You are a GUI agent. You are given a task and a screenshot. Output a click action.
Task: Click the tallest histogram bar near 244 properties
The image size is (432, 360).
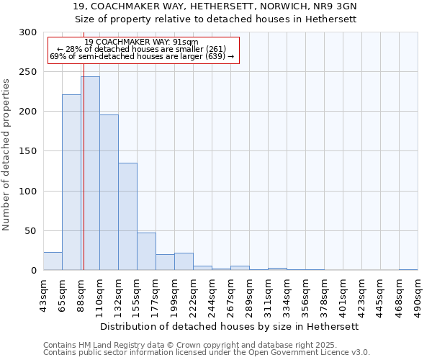pos(90,173)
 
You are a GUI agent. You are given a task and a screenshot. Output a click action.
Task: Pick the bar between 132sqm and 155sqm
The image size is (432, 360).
pos(127,216)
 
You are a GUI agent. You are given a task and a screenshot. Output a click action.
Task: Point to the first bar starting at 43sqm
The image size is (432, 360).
pos(53,261)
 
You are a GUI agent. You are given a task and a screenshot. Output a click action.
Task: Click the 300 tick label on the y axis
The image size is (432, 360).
pos(28,32)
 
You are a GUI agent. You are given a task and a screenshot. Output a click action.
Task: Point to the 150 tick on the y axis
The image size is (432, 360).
pos(28,151)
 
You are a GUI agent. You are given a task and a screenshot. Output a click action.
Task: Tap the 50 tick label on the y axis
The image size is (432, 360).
pos(31,231)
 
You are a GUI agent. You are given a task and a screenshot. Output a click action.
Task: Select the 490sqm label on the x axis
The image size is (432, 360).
pos(418,295)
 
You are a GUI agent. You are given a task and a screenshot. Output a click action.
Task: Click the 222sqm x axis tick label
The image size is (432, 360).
pos(193,295)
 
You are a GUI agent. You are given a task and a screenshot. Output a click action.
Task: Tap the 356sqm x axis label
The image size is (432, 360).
pos(305,295)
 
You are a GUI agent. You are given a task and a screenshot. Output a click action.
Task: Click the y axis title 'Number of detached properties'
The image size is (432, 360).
pos(6,155)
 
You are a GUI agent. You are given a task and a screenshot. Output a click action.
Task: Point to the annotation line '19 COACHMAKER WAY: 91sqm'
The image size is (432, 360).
pos(141,42)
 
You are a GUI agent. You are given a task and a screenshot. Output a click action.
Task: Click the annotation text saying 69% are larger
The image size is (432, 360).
pos(141,56)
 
